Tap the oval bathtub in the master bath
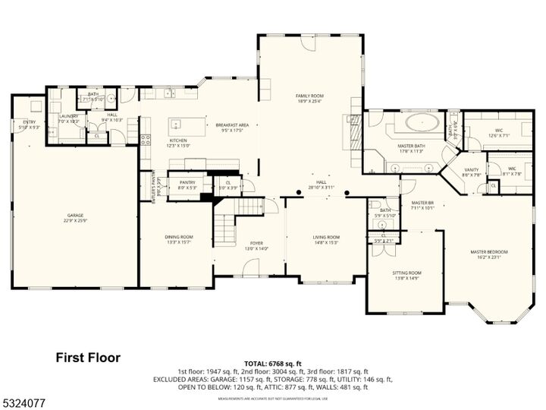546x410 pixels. [418, 121]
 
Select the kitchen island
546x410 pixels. [178, 125]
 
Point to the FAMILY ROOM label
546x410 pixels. [309, 96]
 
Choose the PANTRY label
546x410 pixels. [187, 182]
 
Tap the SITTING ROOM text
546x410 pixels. [406, 273]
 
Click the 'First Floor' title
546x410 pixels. [88, 357]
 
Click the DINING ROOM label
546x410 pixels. [179, 237]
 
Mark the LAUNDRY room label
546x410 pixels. [69, 116]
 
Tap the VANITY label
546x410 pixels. [471, 170]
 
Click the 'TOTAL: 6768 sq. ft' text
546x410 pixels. [272, 364]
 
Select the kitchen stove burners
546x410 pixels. [145, 139]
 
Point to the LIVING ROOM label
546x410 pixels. [327, 237]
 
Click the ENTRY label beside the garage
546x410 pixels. [30, 121]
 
